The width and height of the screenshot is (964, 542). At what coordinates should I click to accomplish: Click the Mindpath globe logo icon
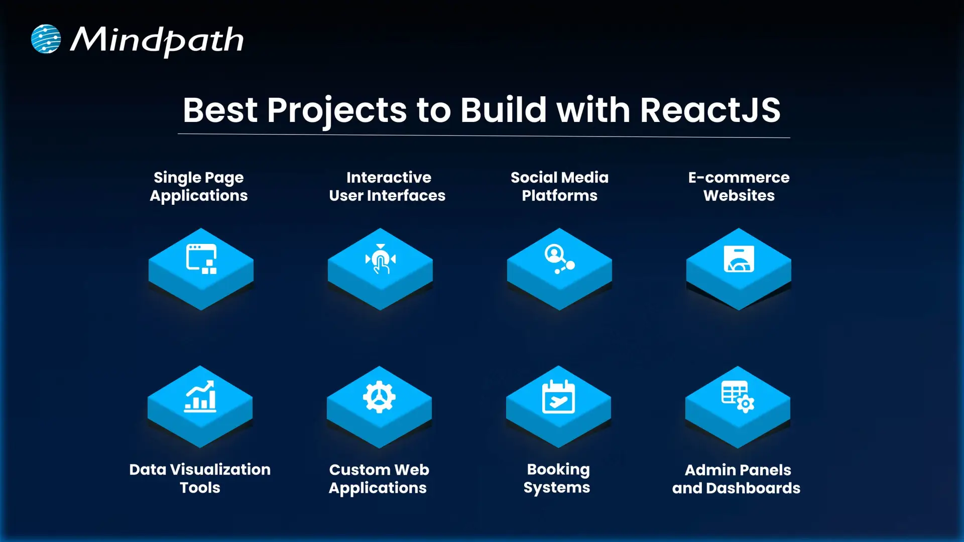click(x=46, y=39)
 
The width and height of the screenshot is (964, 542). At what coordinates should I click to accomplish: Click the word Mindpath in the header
click(x=157, y=40)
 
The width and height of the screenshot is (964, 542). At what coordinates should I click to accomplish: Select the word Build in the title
click(x=503, y=110)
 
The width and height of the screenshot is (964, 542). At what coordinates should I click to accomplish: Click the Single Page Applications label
click(x=199, y=186)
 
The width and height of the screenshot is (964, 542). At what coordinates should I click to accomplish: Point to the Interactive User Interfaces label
click(x=388, y=186)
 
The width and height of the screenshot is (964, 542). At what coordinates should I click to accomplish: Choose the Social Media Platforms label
click(x=559, y=186)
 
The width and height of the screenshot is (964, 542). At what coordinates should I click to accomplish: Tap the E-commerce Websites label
click(x=739, y=186)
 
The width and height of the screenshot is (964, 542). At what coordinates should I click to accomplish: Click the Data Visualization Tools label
click(x=200, y=478)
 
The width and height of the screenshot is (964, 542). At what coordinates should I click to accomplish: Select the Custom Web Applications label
click(x=379, y=479)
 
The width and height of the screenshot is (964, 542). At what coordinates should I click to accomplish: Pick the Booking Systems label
click(x=557, y=478)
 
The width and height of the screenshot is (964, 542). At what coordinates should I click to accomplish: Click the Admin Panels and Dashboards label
click(x=737, y=479)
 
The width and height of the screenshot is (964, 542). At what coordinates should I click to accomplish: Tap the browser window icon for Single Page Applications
click(x=201, y=259)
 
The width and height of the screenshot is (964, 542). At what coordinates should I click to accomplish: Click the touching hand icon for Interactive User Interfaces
click(x=381, y=259)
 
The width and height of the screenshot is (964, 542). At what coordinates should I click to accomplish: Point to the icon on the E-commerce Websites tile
click(x=739, y=259)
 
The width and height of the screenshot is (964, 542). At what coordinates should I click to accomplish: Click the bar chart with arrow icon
click(x=200, y=396)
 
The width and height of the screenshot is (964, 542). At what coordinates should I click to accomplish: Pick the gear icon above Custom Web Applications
click(x=379, y=397)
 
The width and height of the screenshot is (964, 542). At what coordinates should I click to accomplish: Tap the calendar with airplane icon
click(x=558, y=397)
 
